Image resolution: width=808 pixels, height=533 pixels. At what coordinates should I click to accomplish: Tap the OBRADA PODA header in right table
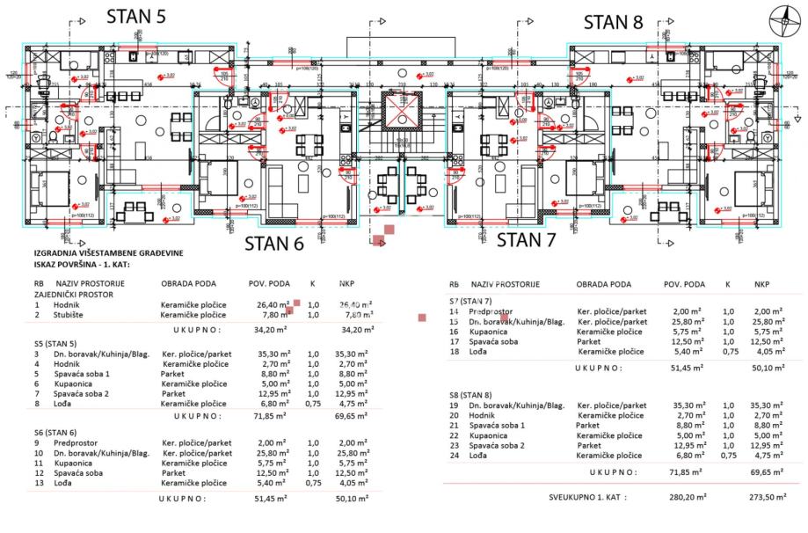coord(602,285)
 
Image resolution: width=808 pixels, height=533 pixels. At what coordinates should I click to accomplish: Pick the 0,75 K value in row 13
coord(312,482)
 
